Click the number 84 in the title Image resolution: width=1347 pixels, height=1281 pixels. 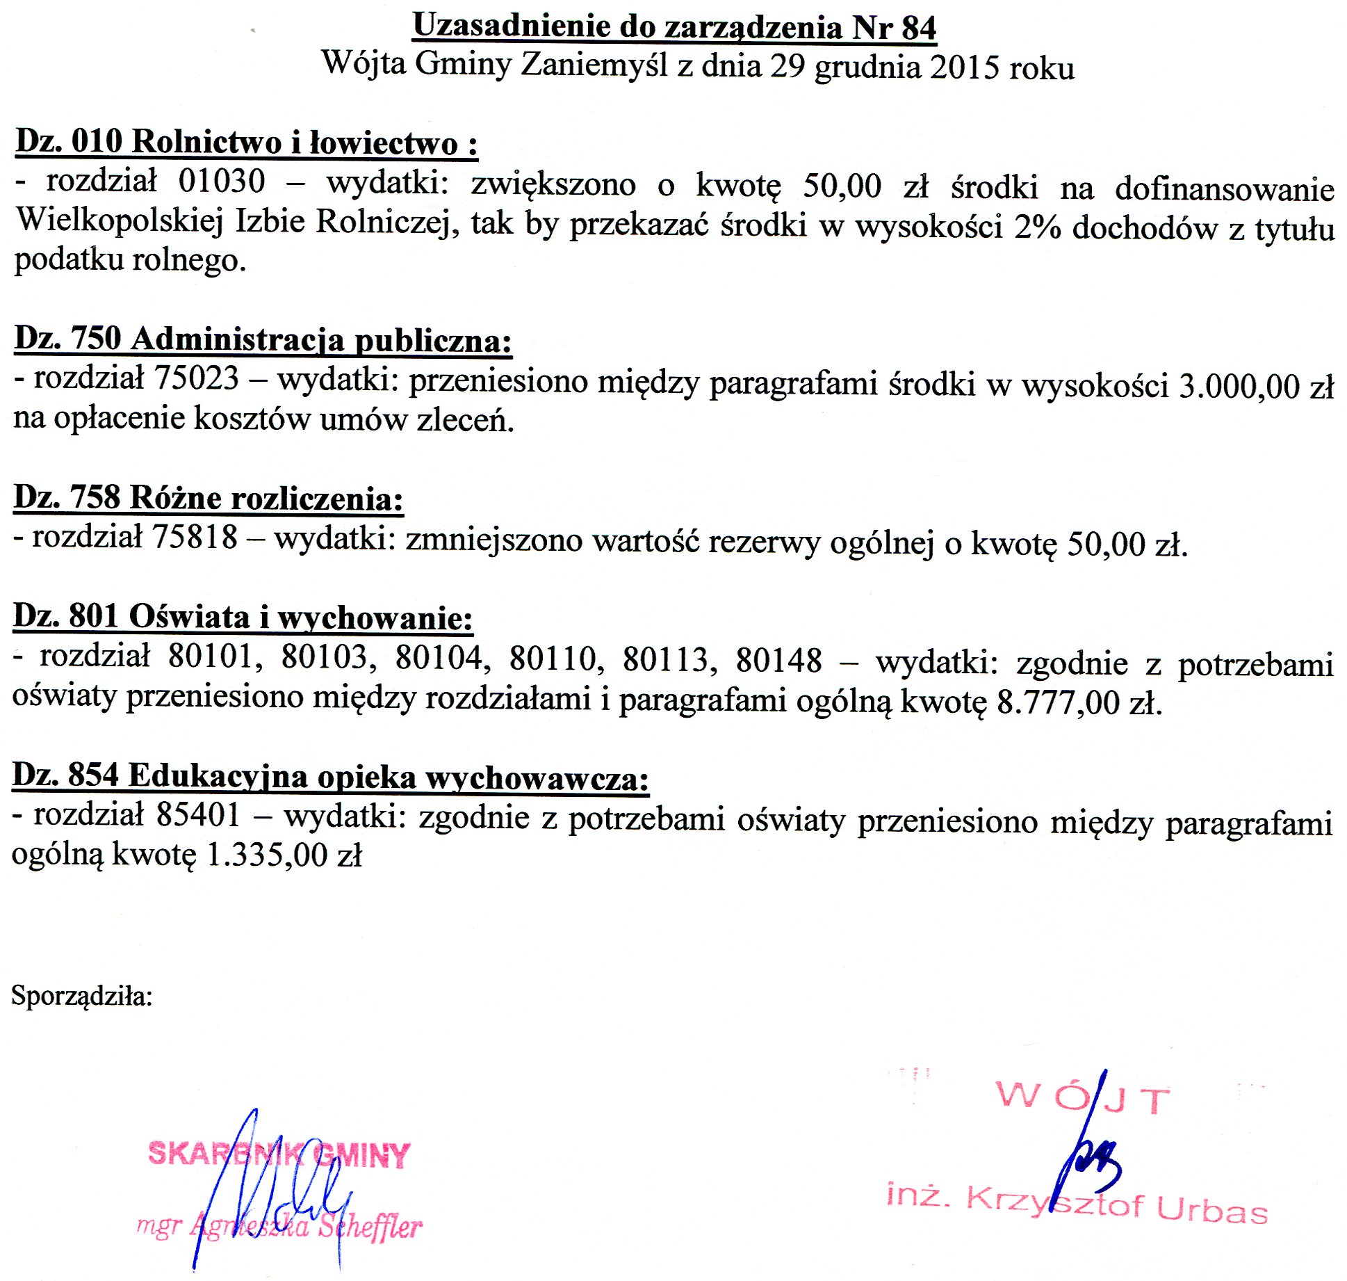(919, 28)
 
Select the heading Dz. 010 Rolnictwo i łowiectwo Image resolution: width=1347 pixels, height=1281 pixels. (246, 142)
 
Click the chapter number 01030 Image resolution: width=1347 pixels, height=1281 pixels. (222, 182)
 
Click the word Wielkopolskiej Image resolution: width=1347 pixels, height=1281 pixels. (120, 221)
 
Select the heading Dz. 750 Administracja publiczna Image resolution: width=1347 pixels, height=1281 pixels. (263, 339)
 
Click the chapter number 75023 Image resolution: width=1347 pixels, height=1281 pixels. (197, 379)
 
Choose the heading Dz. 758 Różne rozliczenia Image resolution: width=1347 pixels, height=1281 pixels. (208, 498)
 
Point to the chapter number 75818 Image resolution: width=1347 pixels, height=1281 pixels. (195, 537)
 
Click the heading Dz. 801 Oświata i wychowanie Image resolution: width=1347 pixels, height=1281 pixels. (243, 618)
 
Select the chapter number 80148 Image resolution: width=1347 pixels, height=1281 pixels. (778, 660)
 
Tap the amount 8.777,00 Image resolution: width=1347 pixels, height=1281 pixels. (1058, 702)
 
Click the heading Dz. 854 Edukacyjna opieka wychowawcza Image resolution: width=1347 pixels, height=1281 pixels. (330, 776)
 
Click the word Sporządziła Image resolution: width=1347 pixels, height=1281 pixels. (81, 996)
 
